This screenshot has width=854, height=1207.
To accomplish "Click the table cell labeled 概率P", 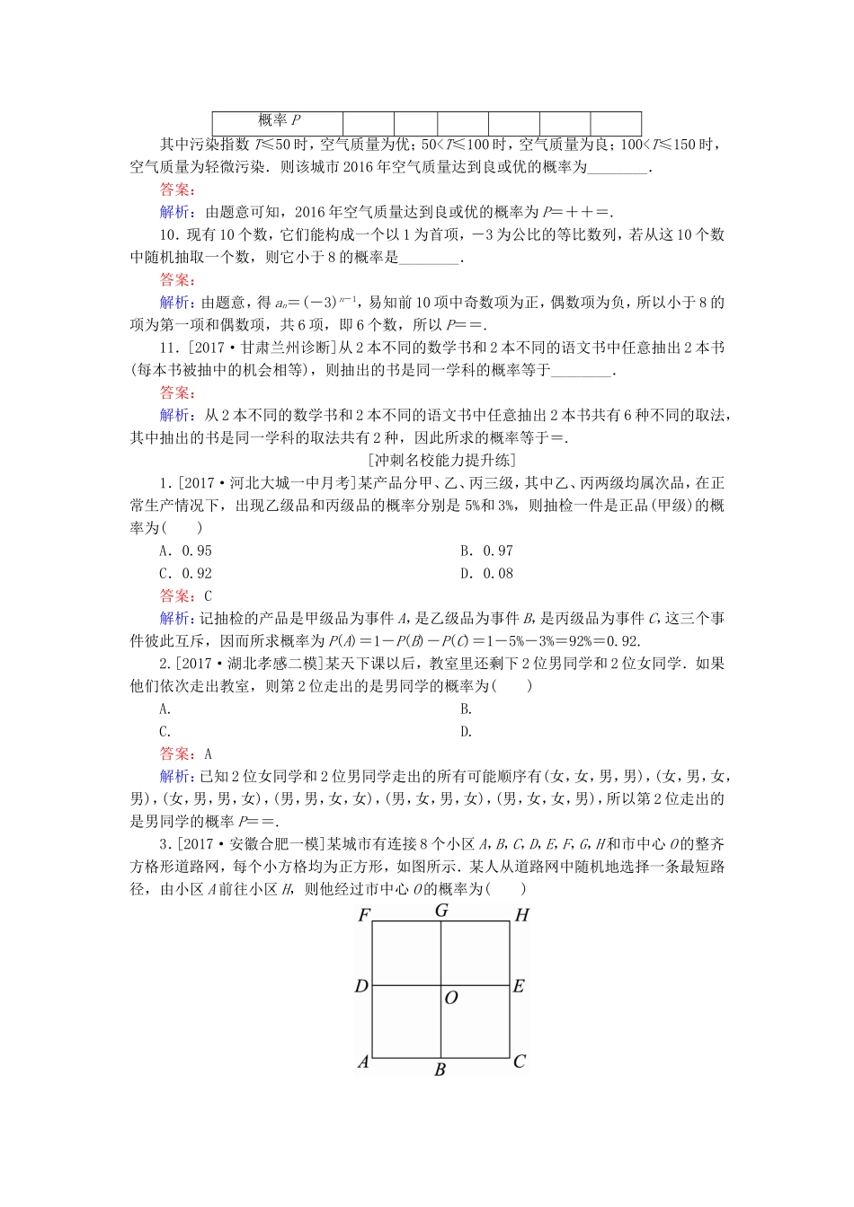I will coord(278,121).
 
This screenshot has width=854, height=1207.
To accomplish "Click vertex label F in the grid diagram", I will coord(364,916).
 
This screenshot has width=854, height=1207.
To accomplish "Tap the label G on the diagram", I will coord(441,911).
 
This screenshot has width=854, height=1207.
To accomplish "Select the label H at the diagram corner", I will coord(521,916).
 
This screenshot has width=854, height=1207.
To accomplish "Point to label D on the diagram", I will coord(361,986).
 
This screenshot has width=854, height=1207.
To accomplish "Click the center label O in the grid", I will coord(451,998).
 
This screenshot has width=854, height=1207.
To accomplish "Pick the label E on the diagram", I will coord(519,986).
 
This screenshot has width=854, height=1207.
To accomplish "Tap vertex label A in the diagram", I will coord(363,1062).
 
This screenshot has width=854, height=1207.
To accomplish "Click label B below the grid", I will coord(440,1070).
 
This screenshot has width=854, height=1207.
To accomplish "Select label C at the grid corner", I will coord(519,1062).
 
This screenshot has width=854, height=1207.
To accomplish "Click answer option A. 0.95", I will coord(185,551).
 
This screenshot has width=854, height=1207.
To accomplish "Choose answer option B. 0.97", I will coord(486,551).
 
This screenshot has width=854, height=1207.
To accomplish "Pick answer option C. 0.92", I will coord(185,573).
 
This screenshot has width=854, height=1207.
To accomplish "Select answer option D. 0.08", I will coord(486,573).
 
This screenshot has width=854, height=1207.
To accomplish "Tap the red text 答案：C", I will coord(185,595).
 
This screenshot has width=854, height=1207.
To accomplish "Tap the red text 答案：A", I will coord(185,754).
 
